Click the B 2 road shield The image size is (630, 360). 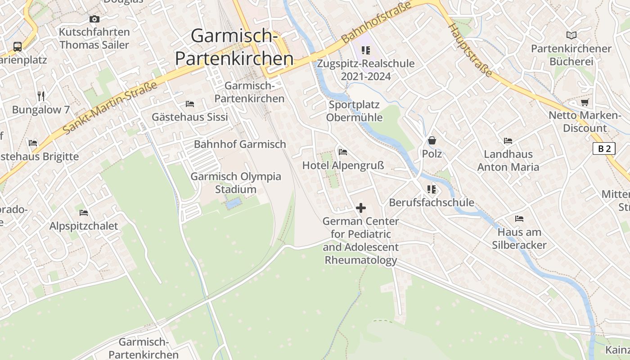(604, 148)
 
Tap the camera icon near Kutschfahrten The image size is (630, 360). (94, 19)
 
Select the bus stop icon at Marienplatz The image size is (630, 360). (18, 46)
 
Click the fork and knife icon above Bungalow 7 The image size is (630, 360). (41, 96)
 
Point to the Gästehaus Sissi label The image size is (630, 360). (189, 117)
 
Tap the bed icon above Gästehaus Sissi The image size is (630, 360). (189, 104)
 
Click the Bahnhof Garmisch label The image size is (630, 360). (240, 144)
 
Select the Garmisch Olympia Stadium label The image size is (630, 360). (236, 183)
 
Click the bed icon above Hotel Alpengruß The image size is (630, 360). (343, 152)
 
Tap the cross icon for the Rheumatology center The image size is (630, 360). (361, 208)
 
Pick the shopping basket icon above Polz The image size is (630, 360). (432, 140)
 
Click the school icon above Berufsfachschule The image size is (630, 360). (432, 189)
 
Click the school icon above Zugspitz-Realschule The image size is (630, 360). (365, 50)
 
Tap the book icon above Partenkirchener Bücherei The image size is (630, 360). (571, 35)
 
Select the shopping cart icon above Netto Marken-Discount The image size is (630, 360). (585, 102)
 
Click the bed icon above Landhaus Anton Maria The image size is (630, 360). (508, 141)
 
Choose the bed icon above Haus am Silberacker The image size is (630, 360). (519, 219)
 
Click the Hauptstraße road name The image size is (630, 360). (469, 50)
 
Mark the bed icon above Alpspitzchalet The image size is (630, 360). (84, 213)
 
